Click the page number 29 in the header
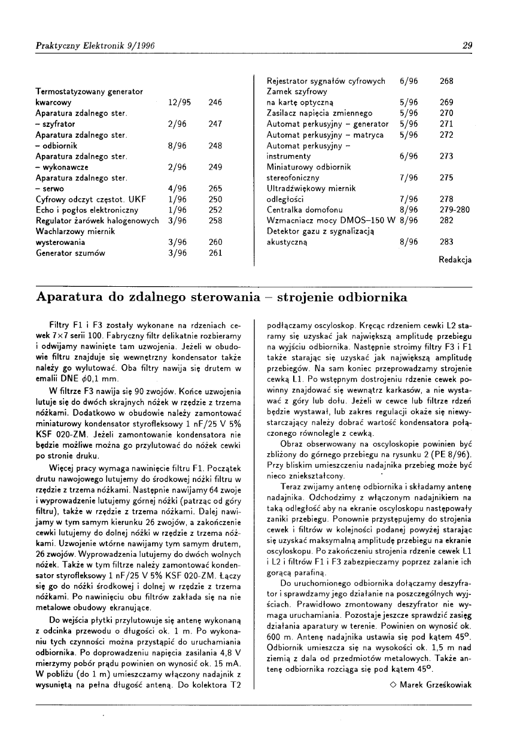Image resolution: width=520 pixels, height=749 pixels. coord(467,46)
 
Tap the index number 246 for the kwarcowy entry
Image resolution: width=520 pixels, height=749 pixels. coord(215,102)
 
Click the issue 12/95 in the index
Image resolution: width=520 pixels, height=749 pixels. coord(180,102)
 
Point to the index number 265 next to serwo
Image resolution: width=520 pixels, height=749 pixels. coord(215,189)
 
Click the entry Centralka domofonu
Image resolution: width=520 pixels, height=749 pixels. coord(305,210)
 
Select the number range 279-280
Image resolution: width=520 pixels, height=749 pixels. coord(455,210)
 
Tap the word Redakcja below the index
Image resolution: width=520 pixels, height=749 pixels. coord(455,260)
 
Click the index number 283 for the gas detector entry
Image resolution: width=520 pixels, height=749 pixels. coord(446,242)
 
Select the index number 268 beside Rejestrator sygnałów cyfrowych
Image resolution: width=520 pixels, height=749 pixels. coord(446,81)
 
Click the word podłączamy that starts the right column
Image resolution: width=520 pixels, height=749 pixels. coord(290,324)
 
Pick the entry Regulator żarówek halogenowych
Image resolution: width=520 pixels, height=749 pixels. coord(97,221)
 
